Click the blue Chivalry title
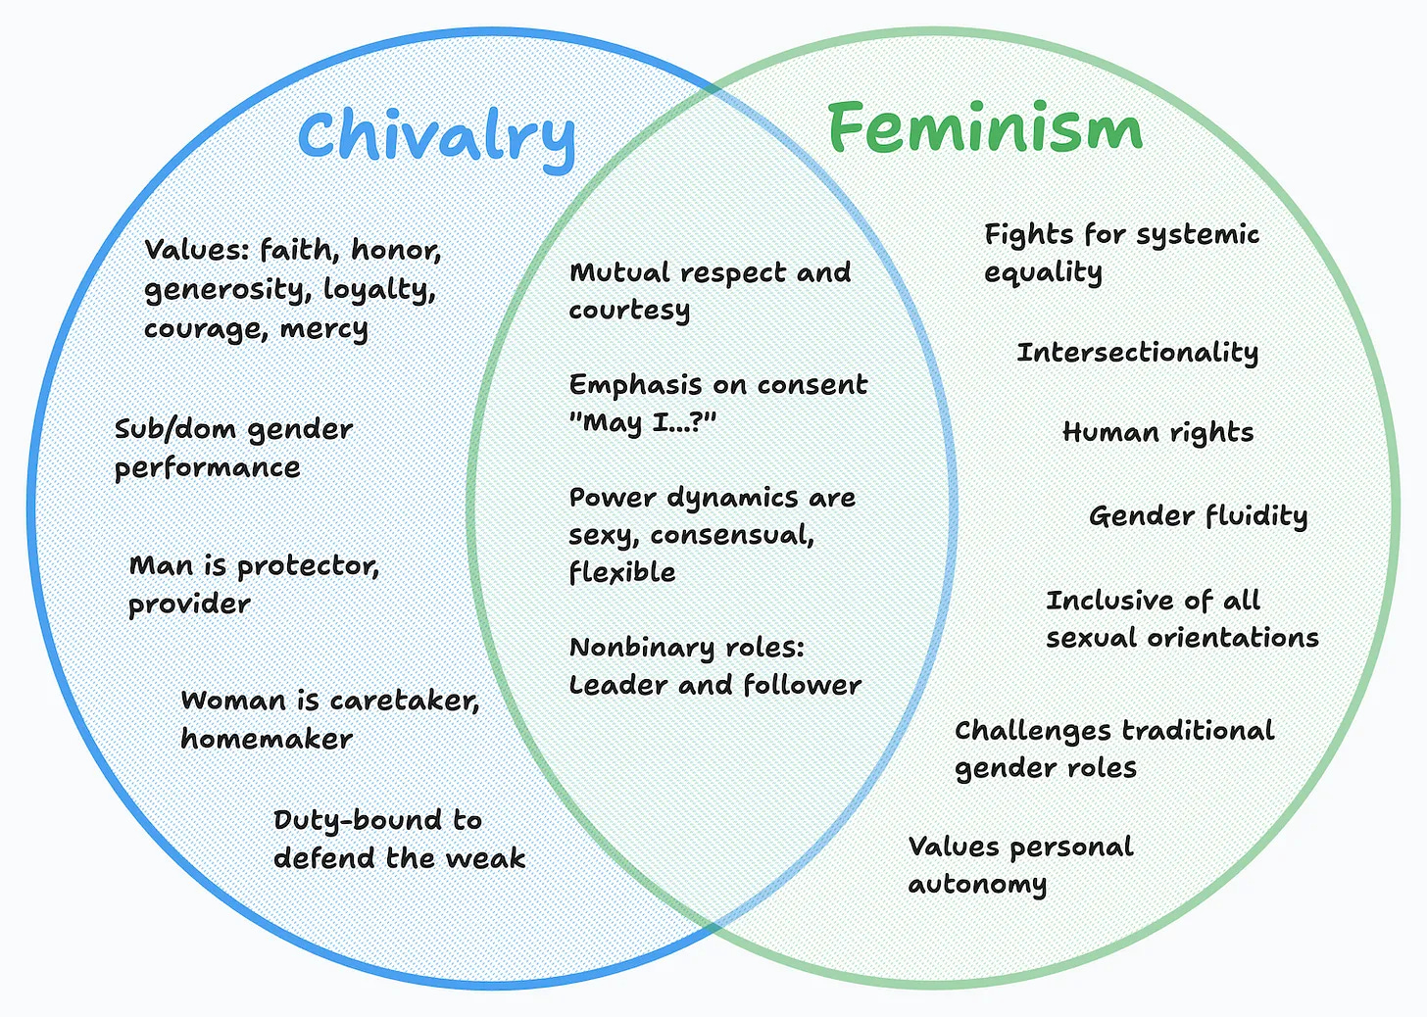click(x=437, y=137)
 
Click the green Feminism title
click(x=985, y=128)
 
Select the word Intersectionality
click(x=1137, y=353)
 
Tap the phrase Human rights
click(x=1157, y=433)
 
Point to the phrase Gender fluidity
click(x=1198, y=516)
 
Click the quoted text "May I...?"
click(x=643, y=422)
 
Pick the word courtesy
click(x=629, y=311)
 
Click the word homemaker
click(x=267, y=739)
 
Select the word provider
click(x=189, y=605)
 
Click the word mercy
click(x=323, y=328)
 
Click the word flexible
click(x=621, y=572)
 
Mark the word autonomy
click(x=977, y=885)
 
